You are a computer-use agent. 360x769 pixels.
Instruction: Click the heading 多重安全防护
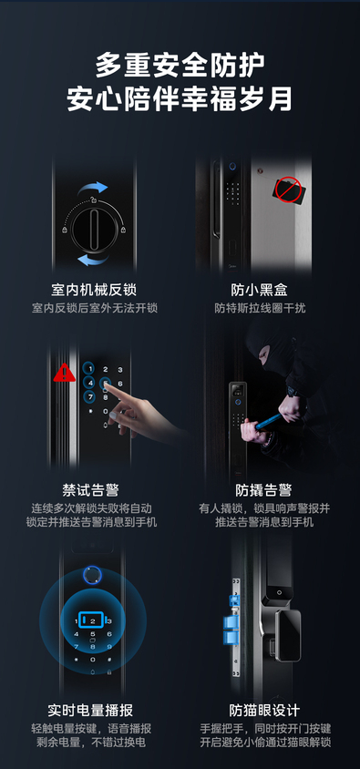(x=180, y=66)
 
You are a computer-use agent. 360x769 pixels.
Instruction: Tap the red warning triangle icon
(x=64, y=373)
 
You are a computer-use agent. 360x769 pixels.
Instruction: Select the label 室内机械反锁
(x=94, y=290)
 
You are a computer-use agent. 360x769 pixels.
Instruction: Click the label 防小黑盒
(x=260, y=290)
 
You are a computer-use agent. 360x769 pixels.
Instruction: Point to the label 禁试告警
(x=90, y=489)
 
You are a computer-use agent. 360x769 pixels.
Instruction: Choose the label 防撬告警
(x=263, y=489)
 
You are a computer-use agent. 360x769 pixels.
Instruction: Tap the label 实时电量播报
(x=90, y=710)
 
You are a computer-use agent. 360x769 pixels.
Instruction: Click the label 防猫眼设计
(x=264, y=710)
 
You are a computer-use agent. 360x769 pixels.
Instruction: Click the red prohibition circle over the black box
(x=286, y=190)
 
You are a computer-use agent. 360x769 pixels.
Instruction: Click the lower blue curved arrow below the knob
(x=93, y=259)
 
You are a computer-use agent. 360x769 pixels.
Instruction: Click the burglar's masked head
(x=266, y=349)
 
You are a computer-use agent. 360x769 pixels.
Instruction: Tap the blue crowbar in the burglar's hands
(x=268, y=421)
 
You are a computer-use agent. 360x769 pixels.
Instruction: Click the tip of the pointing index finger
(x=107, y=384)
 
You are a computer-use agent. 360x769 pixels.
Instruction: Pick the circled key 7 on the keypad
(x=88, y=396)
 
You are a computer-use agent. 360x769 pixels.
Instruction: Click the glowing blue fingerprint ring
(x=92, y=575)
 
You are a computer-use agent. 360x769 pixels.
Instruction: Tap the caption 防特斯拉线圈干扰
(x=260, y=309)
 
